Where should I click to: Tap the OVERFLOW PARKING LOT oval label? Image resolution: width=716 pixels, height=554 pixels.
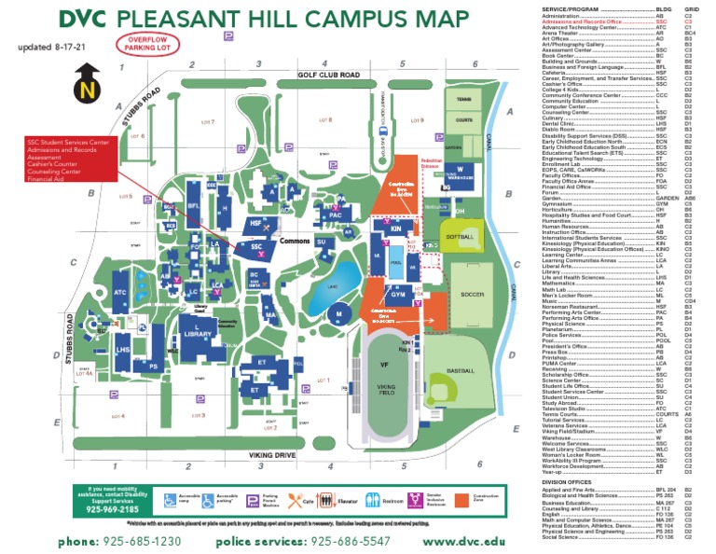point(144,42)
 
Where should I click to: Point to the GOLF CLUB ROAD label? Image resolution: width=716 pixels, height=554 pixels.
point(329,75)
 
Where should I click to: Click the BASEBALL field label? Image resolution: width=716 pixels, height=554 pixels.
point(461,370)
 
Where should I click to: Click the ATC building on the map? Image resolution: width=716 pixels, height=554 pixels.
point(120,292)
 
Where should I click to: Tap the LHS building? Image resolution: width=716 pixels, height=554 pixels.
point(124,350)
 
